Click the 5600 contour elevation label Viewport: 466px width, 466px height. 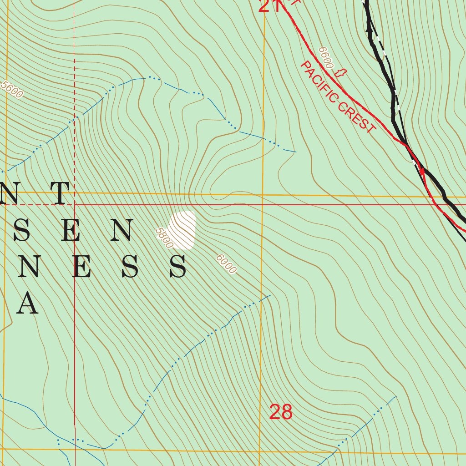click(x=12, y=90)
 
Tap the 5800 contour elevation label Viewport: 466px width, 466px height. click(x=164, y=238)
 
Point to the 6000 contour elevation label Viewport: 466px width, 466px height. click(x=226, y=264)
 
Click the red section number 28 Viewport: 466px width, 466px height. click(x=281, y=412)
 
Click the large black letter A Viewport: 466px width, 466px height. click(x=27, y=304)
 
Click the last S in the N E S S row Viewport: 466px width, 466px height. click(x=177, y=267)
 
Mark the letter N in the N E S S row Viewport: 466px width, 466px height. click(x=29, y=267)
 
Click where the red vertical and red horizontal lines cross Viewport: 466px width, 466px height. click(x=75, y=205)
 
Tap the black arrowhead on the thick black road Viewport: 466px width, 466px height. click(x=369, y=28)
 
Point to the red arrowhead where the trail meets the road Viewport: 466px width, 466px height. click(x=422, y=171)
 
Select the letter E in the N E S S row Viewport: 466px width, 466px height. click(x=80, y=267)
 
